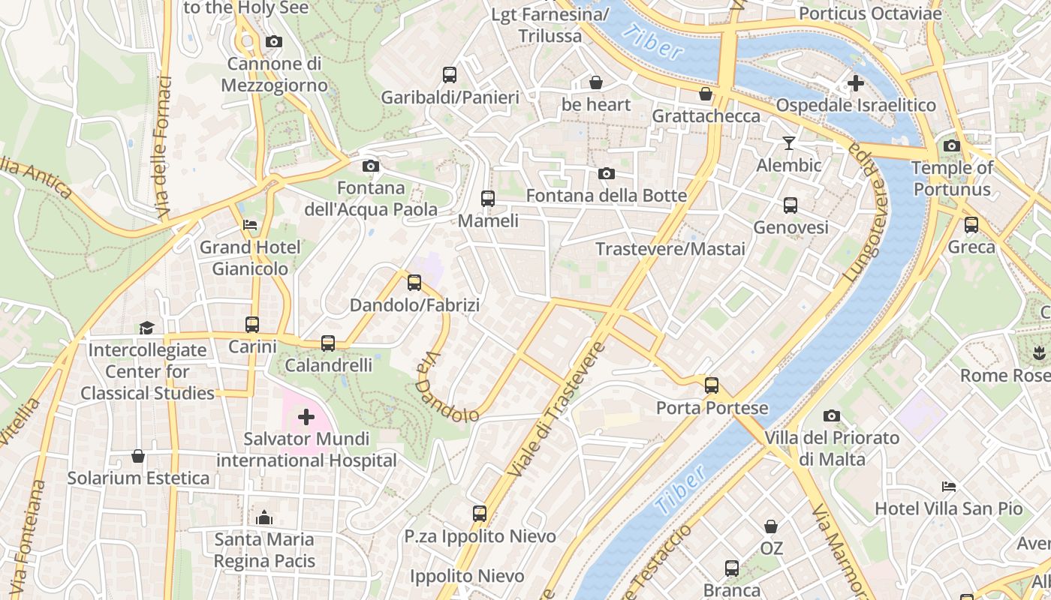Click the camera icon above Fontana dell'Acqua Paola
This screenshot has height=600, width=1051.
coord(370,166)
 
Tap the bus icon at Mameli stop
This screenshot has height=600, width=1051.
coord(488,199)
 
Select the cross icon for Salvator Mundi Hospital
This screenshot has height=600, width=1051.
coord(306,416)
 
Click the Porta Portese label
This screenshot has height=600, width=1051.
coord(712,408)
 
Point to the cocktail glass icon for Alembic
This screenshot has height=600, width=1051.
coord(788,142)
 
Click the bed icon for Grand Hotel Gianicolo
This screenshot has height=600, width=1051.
coord(250,224)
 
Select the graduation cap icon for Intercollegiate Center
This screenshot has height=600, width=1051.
coord(146,328)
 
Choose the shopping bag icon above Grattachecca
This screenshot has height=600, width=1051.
coord(706,94)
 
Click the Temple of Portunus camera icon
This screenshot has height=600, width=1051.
coord(952,145)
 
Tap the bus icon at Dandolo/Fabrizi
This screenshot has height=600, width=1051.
coord(414,283)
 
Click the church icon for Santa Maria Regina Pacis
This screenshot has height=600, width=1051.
coord(264,517)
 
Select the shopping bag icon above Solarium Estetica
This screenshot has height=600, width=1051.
coord(138,456)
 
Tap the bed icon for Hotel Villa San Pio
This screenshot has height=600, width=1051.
coord(949,487)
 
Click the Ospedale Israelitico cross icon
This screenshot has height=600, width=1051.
coord(855,83)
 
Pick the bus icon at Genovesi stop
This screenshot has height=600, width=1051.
coord(791,205)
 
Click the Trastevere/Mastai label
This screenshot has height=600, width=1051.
coord(670,249)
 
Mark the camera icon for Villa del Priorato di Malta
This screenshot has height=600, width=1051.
coord(831,415)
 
